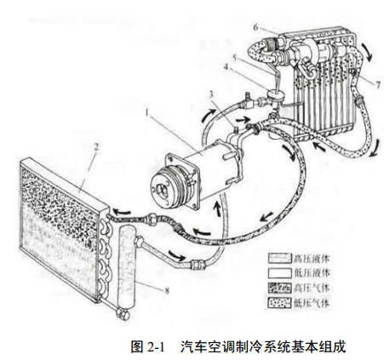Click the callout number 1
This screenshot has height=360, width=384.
(146, 113)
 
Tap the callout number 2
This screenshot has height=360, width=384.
(96, 146)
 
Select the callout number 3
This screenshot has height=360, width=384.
(211, 94)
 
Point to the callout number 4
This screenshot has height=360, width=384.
(226, 67)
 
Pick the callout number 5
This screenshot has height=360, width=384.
(234, 58)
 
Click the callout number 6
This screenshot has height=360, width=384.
(255, 27)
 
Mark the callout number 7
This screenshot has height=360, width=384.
(378, 85)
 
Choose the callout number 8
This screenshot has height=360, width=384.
(167, 290)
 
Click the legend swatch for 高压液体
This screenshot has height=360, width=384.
(280, 259)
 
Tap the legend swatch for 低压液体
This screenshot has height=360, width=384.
(280, 273)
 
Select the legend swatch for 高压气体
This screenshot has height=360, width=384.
(280, 289)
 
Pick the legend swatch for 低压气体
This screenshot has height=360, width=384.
(280, 303)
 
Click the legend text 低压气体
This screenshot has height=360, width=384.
(312, 303)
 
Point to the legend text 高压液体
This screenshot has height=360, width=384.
(312, 259)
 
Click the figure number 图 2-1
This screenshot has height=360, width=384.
(147, 346)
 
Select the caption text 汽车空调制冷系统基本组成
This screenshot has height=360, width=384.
(263, 346)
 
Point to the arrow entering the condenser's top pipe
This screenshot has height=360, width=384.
(123, 212)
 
